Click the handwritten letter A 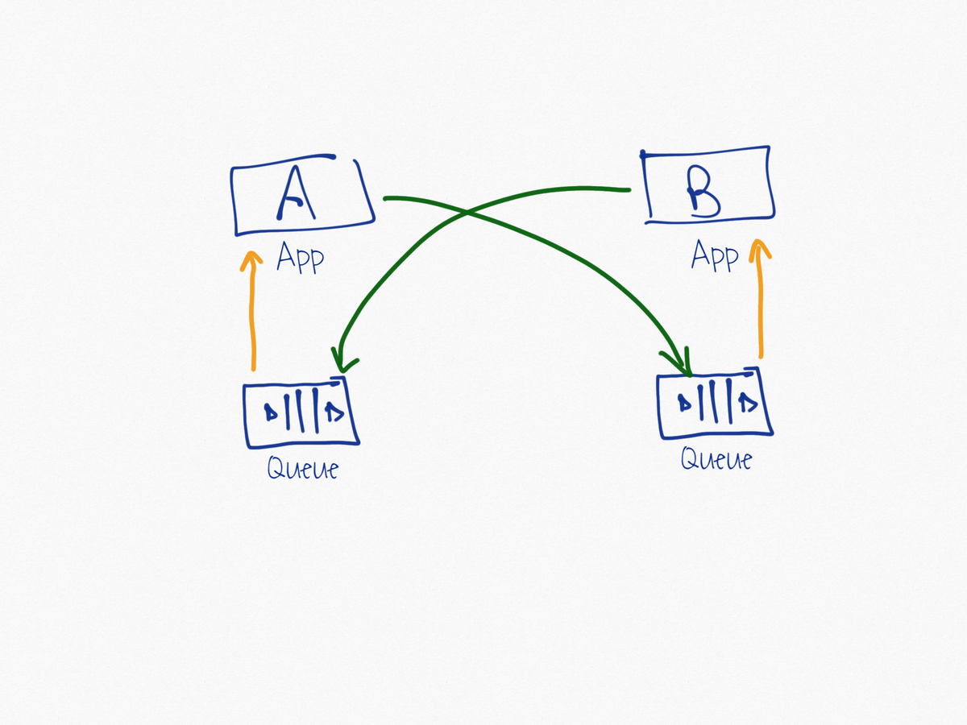[295, 196]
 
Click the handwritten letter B [703, 196]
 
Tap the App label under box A [300, 258]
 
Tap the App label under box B [714, 256]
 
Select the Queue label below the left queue [302, 468]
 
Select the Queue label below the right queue [716, 459]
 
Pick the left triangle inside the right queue [686, 402]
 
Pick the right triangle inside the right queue [748, 403]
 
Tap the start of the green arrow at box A [385, 197]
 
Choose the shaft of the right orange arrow [758, 310]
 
